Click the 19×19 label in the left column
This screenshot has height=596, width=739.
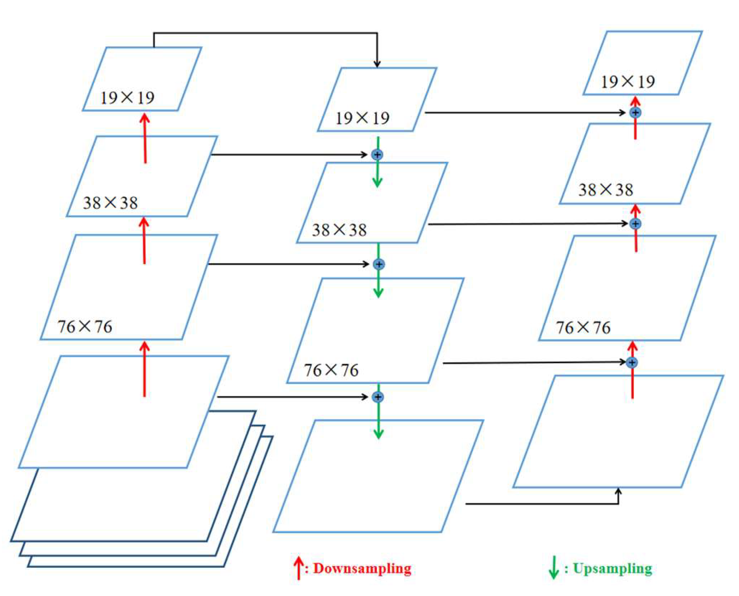coord(127,98)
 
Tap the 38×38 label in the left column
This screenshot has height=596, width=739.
coord(110,202)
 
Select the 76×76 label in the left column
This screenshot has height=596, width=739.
coord(85,327)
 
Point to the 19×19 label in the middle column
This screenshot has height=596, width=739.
coord(362,118)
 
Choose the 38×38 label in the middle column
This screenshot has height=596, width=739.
coord(339,230)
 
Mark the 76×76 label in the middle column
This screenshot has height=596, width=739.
coord(331,370)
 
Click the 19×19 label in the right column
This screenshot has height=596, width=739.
coord(628,82)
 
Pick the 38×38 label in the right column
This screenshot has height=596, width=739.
coord(605,189)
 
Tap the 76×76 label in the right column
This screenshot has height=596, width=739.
coord(583,328)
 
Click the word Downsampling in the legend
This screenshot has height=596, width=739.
coord(362,568)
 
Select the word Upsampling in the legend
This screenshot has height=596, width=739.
coord(613,568)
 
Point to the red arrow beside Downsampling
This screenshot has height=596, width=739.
coord(299,568)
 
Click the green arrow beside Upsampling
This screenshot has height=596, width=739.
coord(553,568)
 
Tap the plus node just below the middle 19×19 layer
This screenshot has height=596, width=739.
coord(377,154)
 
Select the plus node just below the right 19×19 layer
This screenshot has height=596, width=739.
coord(635,112)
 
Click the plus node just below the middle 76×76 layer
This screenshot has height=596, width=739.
coord(378,397)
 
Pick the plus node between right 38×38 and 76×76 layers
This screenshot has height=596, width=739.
coord(635,223)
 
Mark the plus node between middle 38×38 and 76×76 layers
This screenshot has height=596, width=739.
coord(378,264)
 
